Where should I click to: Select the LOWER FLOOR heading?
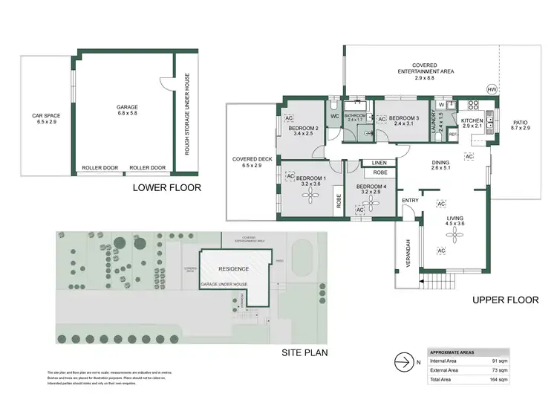pos(166,188)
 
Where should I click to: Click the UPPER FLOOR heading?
pos(505,300)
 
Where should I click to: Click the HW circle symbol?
pos(491,89)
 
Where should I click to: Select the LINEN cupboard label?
pos(380,163)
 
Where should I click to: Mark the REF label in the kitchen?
pos(452,134)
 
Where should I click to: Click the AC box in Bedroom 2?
pos(289,117)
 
